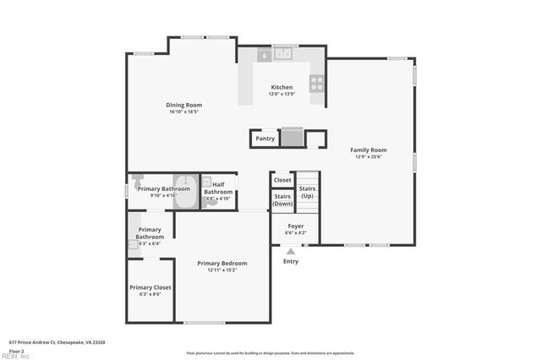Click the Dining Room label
pos(183,105)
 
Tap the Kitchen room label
pos(281,87)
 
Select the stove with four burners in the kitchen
pos(317,83)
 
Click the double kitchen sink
pos(282,54)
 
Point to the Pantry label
pos(265,138)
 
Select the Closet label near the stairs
pos(282,180)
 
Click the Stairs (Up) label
pos(308,192)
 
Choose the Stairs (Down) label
pos(282,200)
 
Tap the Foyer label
pos(295,226)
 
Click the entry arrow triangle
pos(291,251)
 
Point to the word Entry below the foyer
pos(291,261)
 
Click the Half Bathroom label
pos(218,188)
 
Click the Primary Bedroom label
pos(222,263)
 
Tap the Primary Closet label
pos(150,287)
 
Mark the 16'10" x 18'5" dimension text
pos(183,112)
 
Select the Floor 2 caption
pos(16,350)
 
